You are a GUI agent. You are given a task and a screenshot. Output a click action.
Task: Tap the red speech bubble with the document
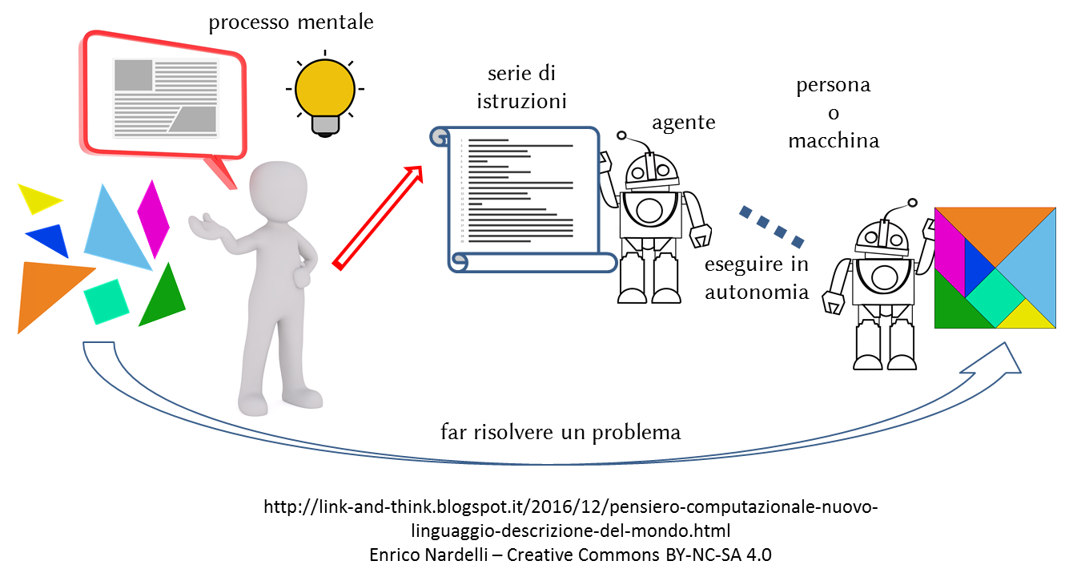pyautogui.click(x=164, y=92)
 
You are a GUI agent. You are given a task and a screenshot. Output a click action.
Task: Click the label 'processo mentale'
pyautogui.click(x=291, y=22)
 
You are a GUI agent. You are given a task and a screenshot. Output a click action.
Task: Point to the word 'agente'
pyautogui.click(x=683, y=123)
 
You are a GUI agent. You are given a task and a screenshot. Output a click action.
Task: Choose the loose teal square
pyautogui.click(x=106, y=301)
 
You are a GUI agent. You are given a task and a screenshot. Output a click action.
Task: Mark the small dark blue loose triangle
pyautogui.click(x=48, y=239)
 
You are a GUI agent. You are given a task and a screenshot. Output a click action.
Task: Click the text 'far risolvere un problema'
pyautogui.click(x=561, y=433)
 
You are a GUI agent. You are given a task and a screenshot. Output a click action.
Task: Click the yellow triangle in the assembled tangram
pyautogui.click(x=1027, y=317)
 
